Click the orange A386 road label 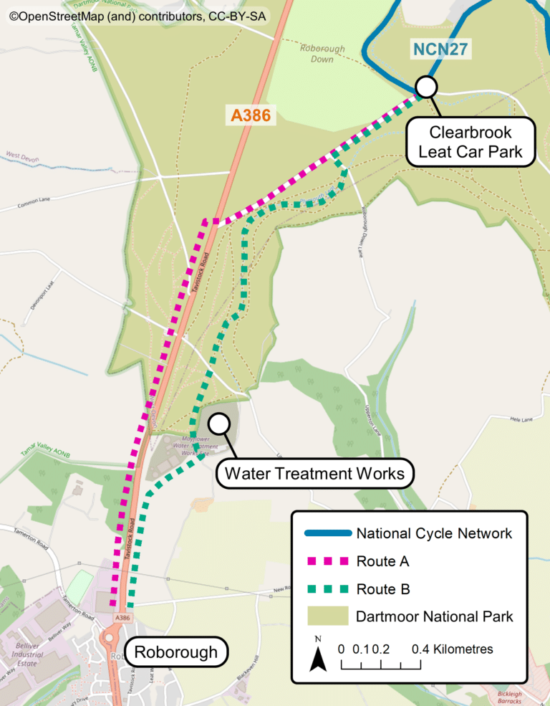[250, 115]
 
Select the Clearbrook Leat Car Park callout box [471, 141]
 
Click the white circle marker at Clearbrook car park [426, 87]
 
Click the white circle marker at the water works [219, 424]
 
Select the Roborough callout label [176, 652]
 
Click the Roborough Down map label [322, 54]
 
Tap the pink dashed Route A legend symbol [327, 561]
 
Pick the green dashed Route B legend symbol [327, 589]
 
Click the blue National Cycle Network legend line [327, 533]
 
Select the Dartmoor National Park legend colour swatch [327, 616]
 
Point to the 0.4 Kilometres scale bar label [452, 649]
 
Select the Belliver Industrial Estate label [27, 654]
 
